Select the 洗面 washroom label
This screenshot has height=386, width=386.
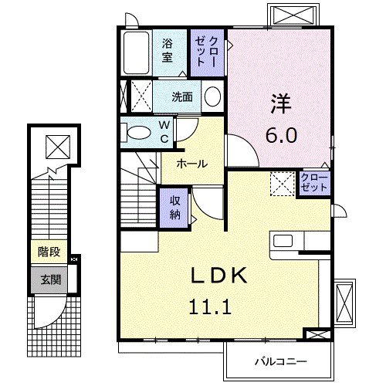pos(182,97)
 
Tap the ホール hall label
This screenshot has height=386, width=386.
pos(191,164)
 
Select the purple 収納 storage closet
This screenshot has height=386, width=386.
pos(174,206)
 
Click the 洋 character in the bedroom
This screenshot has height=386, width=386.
pos(279,102)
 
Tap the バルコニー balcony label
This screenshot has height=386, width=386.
pos(281,361)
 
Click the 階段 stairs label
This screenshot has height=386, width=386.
pos(49,252)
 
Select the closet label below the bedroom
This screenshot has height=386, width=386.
pos(314,184)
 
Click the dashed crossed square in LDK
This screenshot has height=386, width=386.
pos(282,184)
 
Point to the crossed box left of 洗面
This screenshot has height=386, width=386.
pos(139,97)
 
